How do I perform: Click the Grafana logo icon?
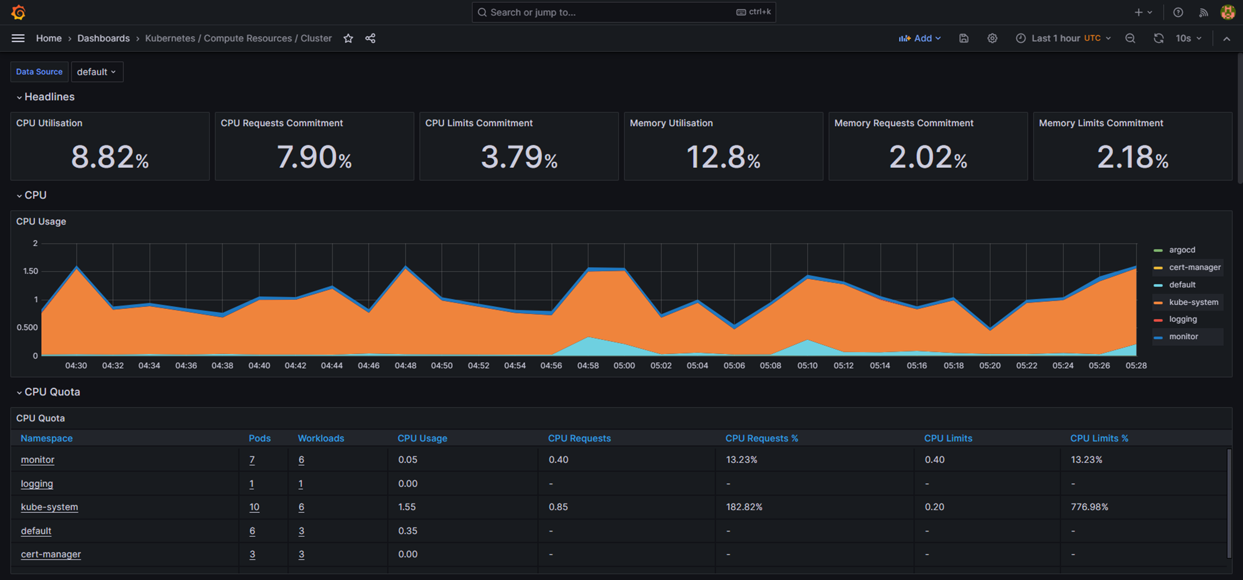click(18, 12)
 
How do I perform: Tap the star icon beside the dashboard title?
click(348, 39)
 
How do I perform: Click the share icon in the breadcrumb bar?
click(370, 39)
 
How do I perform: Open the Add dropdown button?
click(920, 39)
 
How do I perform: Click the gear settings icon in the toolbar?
click(992, 39)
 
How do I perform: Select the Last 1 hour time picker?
click(1063, 39)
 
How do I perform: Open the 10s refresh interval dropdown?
click(1188, 39)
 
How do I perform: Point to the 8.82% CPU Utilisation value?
click(110, 157)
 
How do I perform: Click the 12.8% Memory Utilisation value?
click(723, 157)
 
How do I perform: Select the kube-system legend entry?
click(1188, 302)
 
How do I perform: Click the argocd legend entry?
click(1175, 250)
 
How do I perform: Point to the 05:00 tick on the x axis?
click(624, 365)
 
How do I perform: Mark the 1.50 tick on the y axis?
click(30, 271)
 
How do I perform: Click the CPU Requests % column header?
click(762, 438)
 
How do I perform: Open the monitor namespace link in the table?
click(38, 459)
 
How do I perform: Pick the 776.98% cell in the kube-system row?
click(1090, 507)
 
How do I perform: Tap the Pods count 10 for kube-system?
click(254, 507)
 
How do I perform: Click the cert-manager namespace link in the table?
click(51, 554)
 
